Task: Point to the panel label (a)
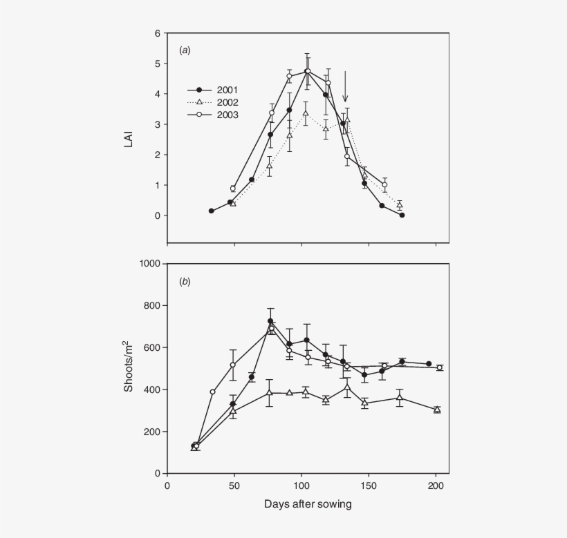pos(185,50)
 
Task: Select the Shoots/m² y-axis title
pos(129,367)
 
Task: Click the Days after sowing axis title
pos(308,504)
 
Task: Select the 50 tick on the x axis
pos(234,485)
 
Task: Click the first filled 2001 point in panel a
pos(212,211)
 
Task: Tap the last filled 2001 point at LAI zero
pos(402,215)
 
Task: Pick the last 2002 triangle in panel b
pos(437,410)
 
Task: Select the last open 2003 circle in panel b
pos(439,368)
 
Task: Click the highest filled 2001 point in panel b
pos(270,321)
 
